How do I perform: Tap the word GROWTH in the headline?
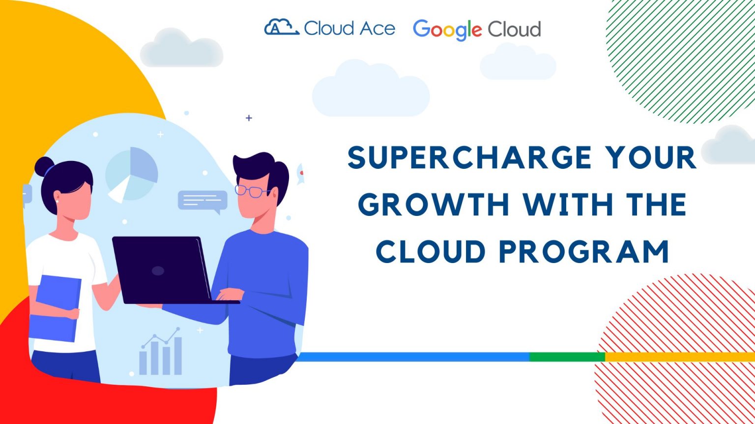(x=433, y=205)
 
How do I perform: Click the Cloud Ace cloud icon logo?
(x=281, y=27)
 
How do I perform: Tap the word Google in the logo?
(x=447, y=29)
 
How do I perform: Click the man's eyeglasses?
(x=252, y=191)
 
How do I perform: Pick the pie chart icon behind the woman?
(x=132, y=174)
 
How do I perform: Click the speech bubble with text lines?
(x=203, y=200)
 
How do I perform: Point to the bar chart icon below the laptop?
(x=161, y=353)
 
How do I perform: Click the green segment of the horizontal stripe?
(x=567, y=357)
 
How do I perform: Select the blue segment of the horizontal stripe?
(x=413, y=357)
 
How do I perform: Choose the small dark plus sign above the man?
(x=249, y=118)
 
